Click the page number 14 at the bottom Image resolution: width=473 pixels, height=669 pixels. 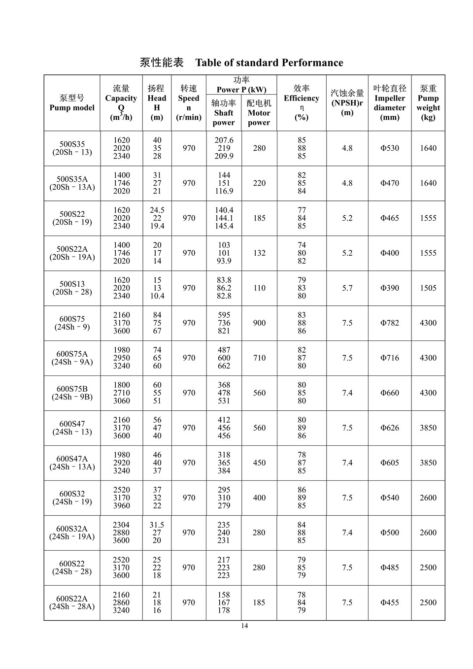[245, 626]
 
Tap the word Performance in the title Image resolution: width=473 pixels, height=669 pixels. [312, 63]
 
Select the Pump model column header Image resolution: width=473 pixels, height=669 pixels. [72, 103]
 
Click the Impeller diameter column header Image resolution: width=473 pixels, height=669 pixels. [389, 102]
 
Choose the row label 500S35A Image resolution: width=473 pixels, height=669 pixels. [72, 179]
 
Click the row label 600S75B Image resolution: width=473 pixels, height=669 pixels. [72, 389]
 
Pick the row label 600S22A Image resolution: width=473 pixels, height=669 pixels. [72, 599]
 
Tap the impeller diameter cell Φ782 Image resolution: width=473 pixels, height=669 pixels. [389, 323]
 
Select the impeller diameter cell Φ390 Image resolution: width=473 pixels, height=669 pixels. [389, 288]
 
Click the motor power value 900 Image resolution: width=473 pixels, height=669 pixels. [259, 323]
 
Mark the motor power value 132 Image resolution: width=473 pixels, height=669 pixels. [259, 253]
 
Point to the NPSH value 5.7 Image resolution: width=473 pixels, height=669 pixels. [347, 288]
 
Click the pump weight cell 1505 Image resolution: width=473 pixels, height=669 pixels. [428, 288]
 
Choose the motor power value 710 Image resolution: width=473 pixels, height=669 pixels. [259, 358]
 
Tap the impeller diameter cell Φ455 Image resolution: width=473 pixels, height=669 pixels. [389, 602]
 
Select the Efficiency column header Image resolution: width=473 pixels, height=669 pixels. [302, 102]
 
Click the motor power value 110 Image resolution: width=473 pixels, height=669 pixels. [259, 288]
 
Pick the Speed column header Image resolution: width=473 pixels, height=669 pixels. [189, 102]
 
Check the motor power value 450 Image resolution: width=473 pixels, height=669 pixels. [259, 463]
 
